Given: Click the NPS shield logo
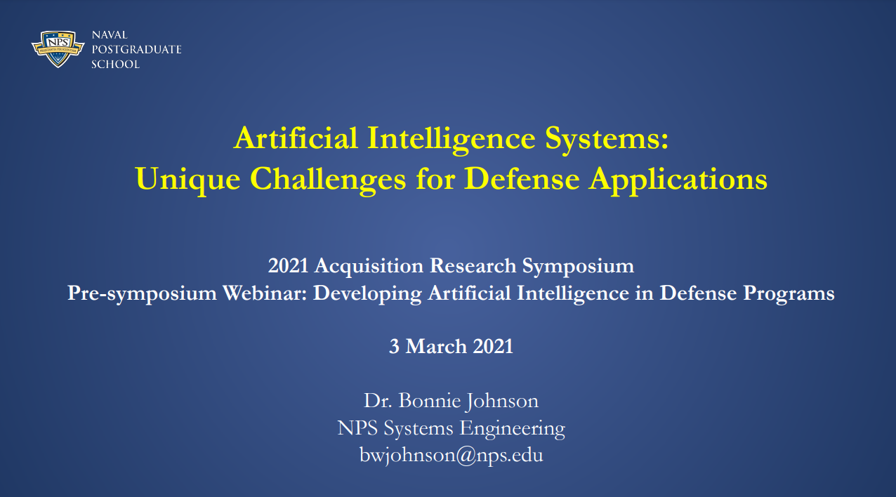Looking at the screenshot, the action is pyautogui.click(x=58, y=48).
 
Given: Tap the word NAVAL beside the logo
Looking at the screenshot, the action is pyautogui.click(x=110, y=35).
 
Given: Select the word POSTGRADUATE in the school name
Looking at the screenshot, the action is pyautogui.click(x=137, y=50).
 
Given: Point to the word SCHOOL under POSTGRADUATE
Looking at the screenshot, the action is pyautogui.click(x=116, y=65).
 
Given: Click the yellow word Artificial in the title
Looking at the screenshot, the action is pyautogui.click(x=296, y=138).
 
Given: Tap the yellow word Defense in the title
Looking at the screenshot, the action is pyautogui.click(x=522, y=179).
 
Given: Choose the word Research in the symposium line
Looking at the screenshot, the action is pyautogui.click(x=473, y=266).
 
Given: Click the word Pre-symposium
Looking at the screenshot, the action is pyautogui.click(x=142, y=294).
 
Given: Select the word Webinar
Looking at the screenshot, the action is pyautogui.click(x=265, y=293).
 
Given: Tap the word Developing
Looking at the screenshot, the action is pyautogui.click(x=367, y=294).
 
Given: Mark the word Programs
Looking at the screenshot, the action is pyautogui.click(x=789, y=294).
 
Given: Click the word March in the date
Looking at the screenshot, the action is pyautogui.click(x=436, y=346).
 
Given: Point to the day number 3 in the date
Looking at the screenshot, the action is pyautogui.click(x=394, y=347).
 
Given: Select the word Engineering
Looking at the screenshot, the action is pyautogui.click(x=512, y=429).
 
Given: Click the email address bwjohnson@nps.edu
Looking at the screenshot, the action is pyautogui.click(x=452, y=456).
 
